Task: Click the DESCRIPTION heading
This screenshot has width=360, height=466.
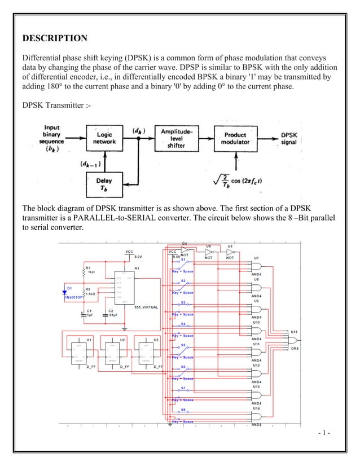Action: pos(54,38)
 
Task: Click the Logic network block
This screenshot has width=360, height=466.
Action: pos(104,139)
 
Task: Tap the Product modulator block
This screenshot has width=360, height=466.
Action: pos(235,139)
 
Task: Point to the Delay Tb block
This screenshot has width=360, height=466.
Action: pos(104,184)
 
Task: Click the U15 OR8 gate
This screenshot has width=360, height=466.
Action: pos(293,340)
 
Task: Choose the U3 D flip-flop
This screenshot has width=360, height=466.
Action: pos(150,352)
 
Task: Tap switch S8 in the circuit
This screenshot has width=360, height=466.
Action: pos(183,415)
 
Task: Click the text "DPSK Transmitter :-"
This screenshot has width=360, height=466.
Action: pos(55,105)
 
